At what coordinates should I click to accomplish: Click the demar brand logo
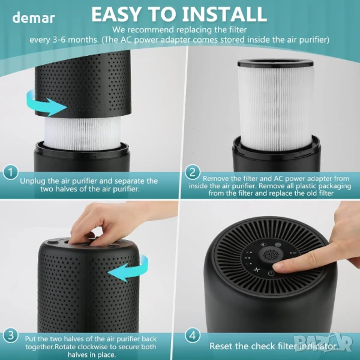pyautogui.click(x=34, y=18)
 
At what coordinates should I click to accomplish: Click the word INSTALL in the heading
pyautogui.click(x=224, y=14)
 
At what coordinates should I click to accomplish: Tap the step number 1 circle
pyautogui.click(x=10, y=172)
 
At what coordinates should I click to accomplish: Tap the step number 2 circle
pyautogui.click(x=193, y=172)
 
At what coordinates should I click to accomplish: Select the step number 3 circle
pyautogui.click(x=10, y=335)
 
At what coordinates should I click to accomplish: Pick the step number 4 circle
pyautogui.click(x=193, y=335)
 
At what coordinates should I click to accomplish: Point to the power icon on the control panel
pyautogui.click(x=271, y=274)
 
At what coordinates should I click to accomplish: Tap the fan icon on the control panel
pyautogui.click(x=256, y=269)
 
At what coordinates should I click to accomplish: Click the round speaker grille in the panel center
pyautogui.click(x=271, y=254)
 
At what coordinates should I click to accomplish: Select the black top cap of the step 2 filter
pyautogui.click(x=275, y=62)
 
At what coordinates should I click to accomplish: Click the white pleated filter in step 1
pyautogui.click(x=82, y=133)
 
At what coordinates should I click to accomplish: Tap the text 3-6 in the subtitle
pyautogui.click(x=57, y=40)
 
